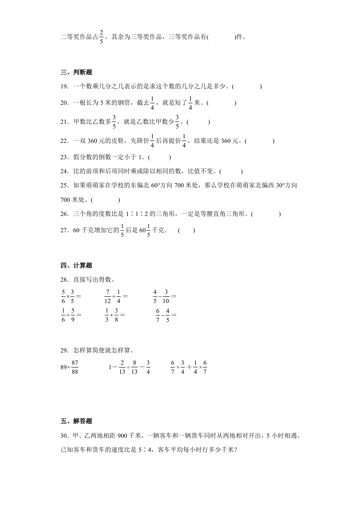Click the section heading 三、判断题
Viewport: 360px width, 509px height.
[x=76, y=73]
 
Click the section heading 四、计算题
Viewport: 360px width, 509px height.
[x=76, y=265]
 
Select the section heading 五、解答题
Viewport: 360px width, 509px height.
[x=76, y=421]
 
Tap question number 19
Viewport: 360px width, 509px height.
[x=64, y=86]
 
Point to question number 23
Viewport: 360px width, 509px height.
[x=64, y=157]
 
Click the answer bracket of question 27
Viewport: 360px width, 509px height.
[x=187, y=230]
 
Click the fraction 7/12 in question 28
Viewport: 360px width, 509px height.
[x=108, y=296]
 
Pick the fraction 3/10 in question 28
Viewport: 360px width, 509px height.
[x=167, y=296]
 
